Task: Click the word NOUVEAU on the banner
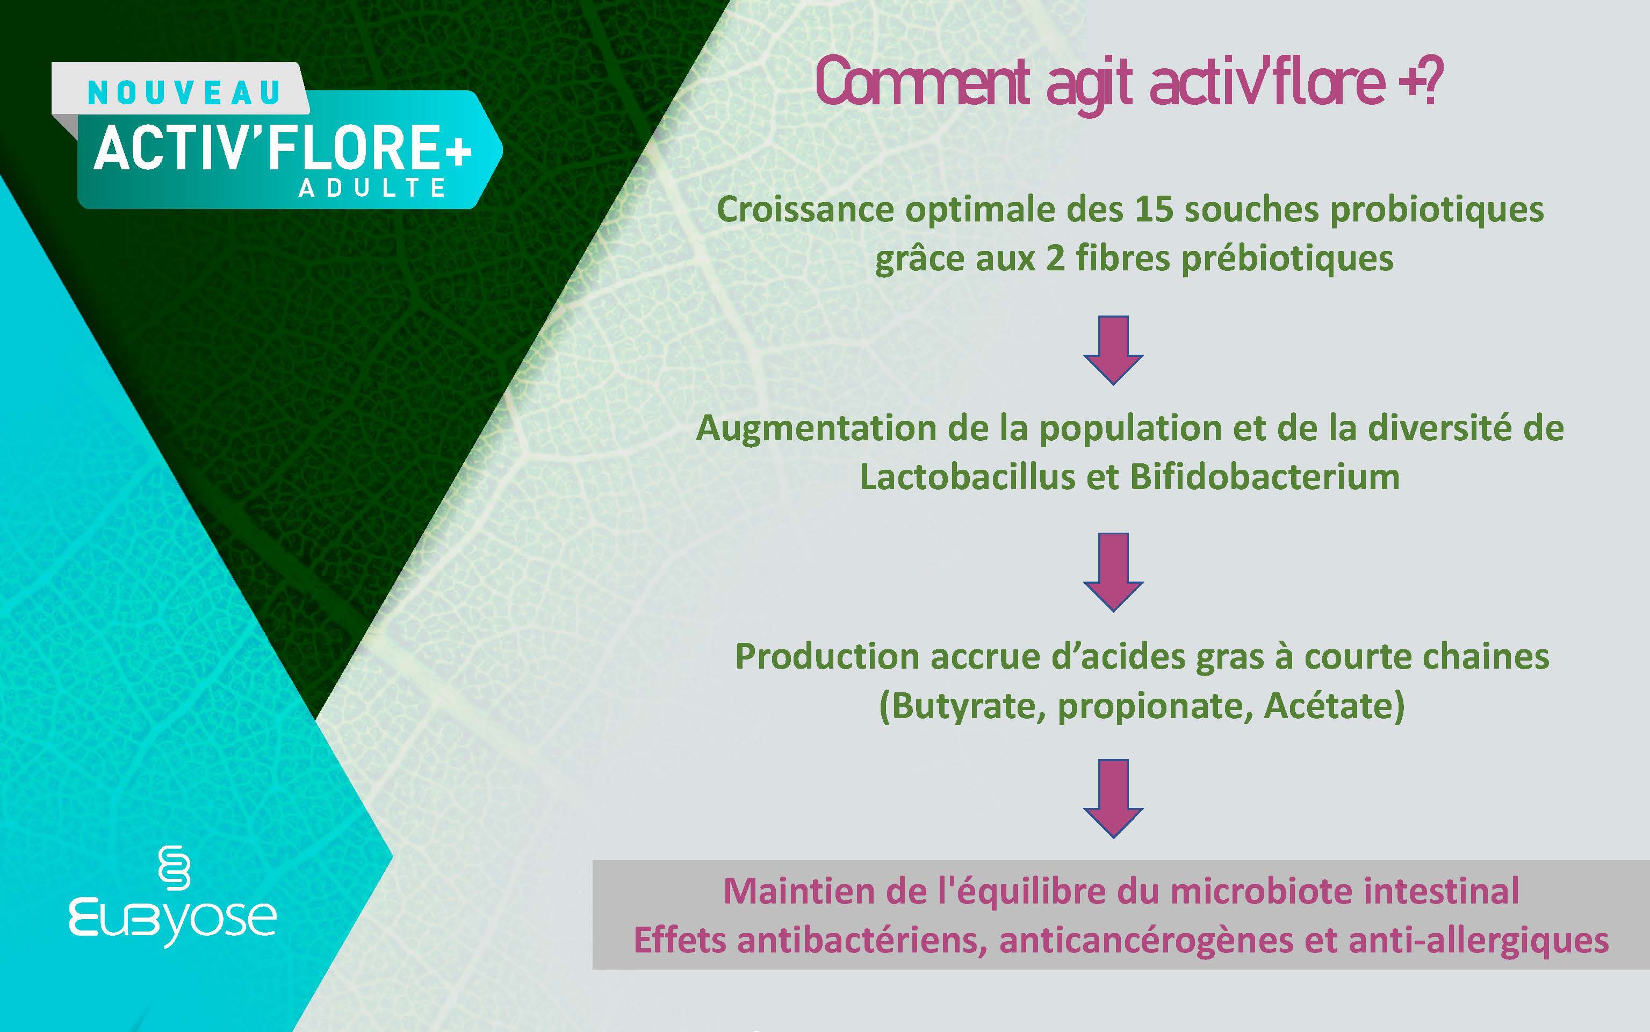(x=184, y=94)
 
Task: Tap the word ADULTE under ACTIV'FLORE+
(x=372, y=188)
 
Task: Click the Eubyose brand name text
(x=172, y=921)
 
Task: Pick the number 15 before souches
(x=1155, y=209)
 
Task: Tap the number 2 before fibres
(x=1055, y=258)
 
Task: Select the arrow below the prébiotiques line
(x=1113, y=350)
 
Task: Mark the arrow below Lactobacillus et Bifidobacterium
(x=1113, y=572)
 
